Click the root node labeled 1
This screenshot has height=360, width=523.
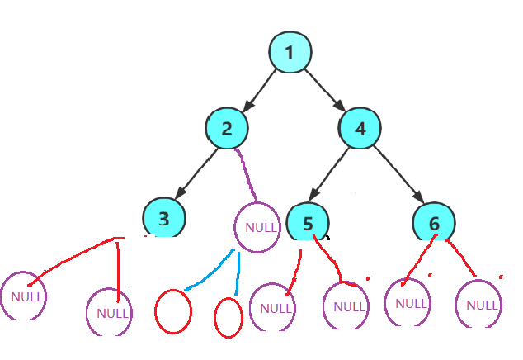click(x=290, y=53)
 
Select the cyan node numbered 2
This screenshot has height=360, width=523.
click(x=228, y=128)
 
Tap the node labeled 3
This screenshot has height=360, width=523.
click(x=164, y=218)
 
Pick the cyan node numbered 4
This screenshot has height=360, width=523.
click(x=360, y=128)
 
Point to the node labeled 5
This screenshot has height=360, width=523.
click(x=308, y=223)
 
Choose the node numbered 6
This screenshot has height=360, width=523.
click(x=435, y=223)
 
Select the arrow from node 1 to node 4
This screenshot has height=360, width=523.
click(x=323, y=89)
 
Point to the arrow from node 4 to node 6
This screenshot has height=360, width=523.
click(x=398, y=175)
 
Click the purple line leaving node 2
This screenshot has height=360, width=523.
click(x=247, y=172)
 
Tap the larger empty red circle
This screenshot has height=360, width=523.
click(x=173, y=311)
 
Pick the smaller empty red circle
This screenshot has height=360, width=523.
click(x=228, y=317)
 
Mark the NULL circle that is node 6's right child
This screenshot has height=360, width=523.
click(x=479, y=305)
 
